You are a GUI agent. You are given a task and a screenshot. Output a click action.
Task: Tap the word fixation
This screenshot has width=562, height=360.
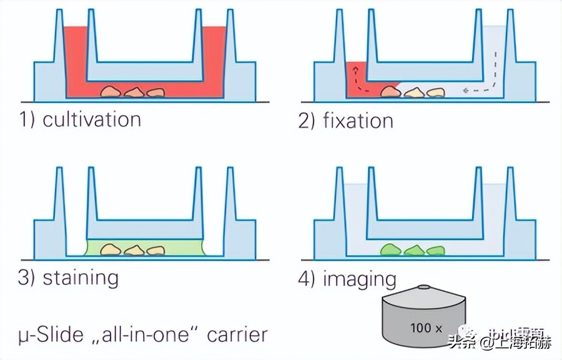click(358, 120)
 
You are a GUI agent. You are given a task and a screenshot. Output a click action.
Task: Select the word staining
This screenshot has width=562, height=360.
click(81, 277)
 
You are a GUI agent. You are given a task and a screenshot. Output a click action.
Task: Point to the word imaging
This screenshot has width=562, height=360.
click(359, 278)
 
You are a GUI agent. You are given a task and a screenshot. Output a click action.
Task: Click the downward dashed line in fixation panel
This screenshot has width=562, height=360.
click(496, 69)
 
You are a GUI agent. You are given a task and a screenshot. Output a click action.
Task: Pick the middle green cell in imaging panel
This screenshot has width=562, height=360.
click(413, 251)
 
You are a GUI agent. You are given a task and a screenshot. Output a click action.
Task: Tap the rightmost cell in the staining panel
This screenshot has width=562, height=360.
click(155, 251)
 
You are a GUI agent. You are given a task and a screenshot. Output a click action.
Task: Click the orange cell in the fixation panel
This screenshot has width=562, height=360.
click(391, 92)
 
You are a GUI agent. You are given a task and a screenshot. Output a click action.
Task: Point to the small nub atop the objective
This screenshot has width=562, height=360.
click(424, 287)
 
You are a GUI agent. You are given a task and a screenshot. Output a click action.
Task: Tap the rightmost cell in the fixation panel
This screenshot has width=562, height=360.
click(435, 92)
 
